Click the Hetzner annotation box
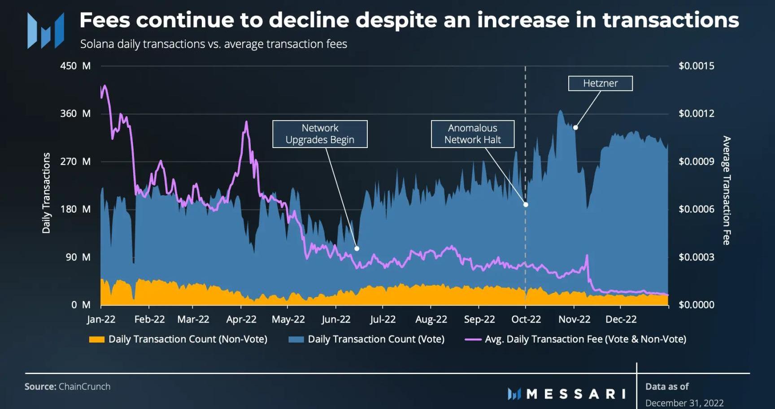click(600, 83)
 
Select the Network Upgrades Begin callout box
click(320, 134)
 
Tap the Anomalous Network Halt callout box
click(472, 134)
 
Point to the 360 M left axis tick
click(75, 113)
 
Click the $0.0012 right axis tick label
click(696, 113)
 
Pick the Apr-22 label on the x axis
click(241, 319)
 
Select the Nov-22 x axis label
click(574, 319)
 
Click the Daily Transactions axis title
click(46, 193)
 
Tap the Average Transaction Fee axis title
click(727, 191)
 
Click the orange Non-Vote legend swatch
click(96, 339)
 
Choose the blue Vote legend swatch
click(296, 339)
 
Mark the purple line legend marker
click(473, 339)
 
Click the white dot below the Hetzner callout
click(575, 128)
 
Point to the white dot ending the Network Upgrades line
click(357, 248)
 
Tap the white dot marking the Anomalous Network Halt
click(526, 204)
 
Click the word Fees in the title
click(104, 20)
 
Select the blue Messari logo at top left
click(45, 30)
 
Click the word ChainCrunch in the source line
click(84, 387)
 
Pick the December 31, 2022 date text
click(684, 403)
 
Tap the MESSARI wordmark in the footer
click(576, 394)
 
